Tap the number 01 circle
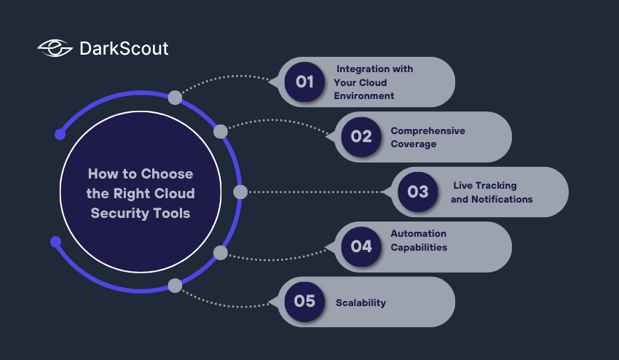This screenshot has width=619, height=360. (x=304, y=82)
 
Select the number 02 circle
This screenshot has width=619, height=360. (x=361, y=136)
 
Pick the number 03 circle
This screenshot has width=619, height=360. (x=417, y=192)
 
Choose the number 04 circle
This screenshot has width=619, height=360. (x=361, y=246)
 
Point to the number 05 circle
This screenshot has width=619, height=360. (x=304, y=301)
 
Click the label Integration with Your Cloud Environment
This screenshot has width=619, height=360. (x=373, y=82)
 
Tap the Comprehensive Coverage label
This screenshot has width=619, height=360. (x=427, y=137)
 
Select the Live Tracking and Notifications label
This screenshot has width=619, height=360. (x=492, y=192)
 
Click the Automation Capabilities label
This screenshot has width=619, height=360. (x=419, y=240)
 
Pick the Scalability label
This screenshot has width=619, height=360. (x=360, y=302)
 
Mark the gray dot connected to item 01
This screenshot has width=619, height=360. (x=175, y=97)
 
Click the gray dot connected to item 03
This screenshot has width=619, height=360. (x=240, y=192)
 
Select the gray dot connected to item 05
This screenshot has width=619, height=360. (x=175, y=286)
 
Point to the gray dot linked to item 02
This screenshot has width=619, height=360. (x=220, y=131)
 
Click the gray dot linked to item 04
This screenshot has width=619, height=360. (x=220, y=253)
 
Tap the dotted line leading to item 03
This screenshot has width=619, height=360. (x=313, y=192)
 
